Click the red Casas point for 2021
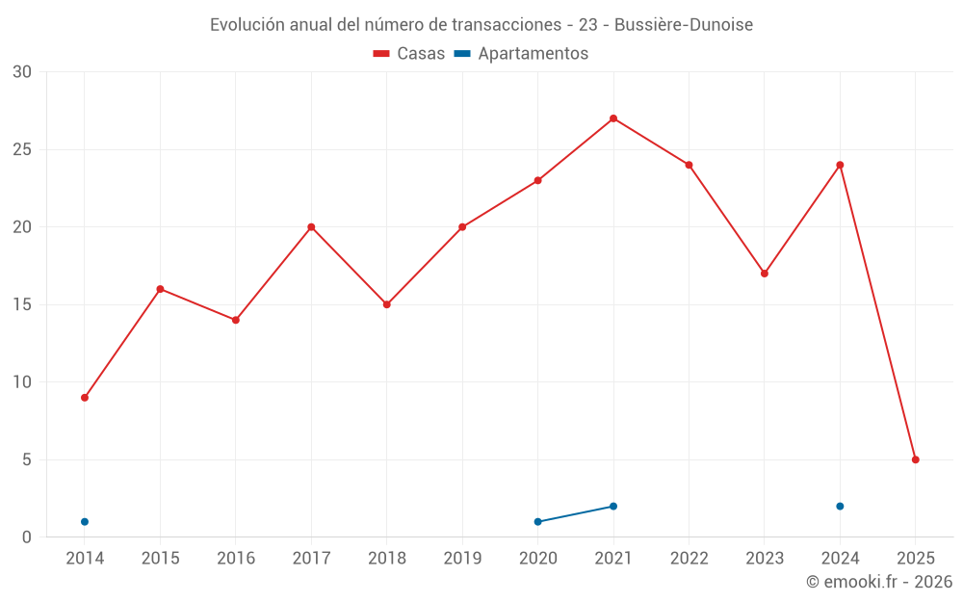pyautogui.click(x=613, y=118)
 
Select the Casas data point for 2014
pyautogui.click(x=85, y=398)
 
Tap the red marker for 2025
pyautogui.click(x=916, y=459)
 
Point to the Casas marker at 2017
pyautogui.click(x=311, y=227)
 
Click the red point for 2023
pyautogui.click(x=765, y=274)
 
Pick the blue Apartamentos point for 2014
pyautogui.click(x=85, y=522)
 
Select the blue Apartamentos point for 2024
pyautogui.click(x=840, y=507)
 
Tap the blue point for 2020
pyautogui.click(x=538, y=522)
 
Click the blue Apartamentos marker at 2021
pyautogui.click(x=613, y=507)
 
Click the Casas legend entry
pyautogui.click(x=409, y=54)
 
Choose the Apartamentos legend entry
pyautogui.click(x=521, y=54)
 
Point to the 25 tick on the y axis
pyautogui.click(x=22, y=149)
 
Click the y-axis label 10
pyautogui.click(x=22, y=382)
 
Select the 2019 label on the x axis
pyautogui.click(x=462, y=559)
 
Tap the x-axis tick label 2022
pyautogui.click(x=689, y=559)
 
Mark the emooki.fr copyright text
pyautogui.click(x=878, y=582)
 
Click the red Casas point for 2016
pyautogui.click(x=236, y=320)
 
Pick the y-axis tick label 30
pyautogui.click(x=22, y=72)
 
